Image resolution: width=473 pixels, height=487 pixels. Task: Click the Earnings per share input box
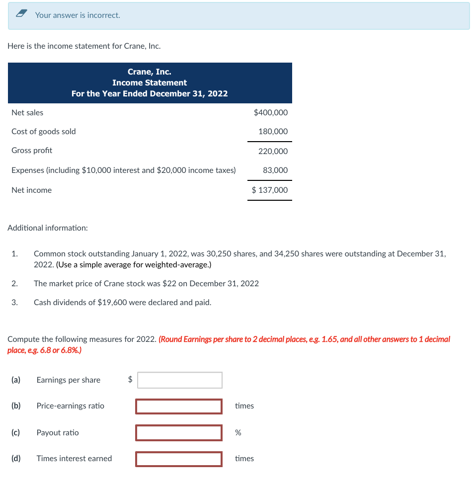(x=179, y=380)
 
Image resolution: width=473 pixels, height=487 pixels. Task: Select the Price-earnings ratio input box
(x=179, y=406)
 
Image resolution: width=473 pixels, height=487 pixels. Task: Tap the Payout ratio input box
(x=179, y=433)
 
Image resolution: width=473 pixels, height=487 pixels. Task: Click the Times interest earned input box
(x=179, y=459)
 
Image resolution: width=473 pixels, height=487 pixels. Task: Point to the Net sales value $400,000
(x=270, y=113)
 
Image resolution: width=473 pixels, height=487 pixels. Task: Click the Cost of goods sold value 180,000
(x=273, y=132)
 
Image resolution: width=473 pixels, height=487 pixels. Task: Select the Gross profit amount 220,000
(x=273, y=151)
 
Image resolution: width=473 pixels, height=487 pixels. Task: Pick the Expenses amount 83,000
(x=275, y=170)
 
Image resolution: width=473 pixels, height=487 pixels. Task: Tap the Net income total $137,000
(x=269, y=190)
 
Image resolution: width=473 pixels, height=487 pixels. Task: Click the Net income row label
(x=31, y=190)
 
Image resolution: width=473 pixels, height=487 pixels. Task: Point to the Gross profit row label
(x=32, y=151)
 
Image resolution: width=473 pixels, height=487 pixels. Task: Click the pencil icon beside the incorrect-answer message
(x=22, y=15)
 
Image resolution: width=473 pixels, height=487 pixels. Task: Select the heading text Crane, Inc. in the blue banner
(x=149, y=72)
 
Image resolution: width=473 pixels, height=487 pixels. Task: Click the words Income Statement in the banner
(x=150, y=83)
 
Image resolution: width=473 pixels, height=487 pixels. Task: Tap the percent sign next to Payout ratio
(x=238, y=433)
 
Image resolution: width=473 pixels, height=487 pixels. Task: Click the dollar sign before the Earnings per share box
(x=130, y=380)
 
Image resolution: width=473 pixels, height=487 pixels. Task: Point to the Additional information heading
(x=48, y=228)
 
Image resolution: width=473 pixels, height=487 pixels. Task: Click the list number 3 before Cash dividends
(x=14, y=302)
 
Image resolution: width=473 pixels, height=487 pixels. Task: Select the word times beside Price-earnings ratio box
(x=244, y=406)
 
